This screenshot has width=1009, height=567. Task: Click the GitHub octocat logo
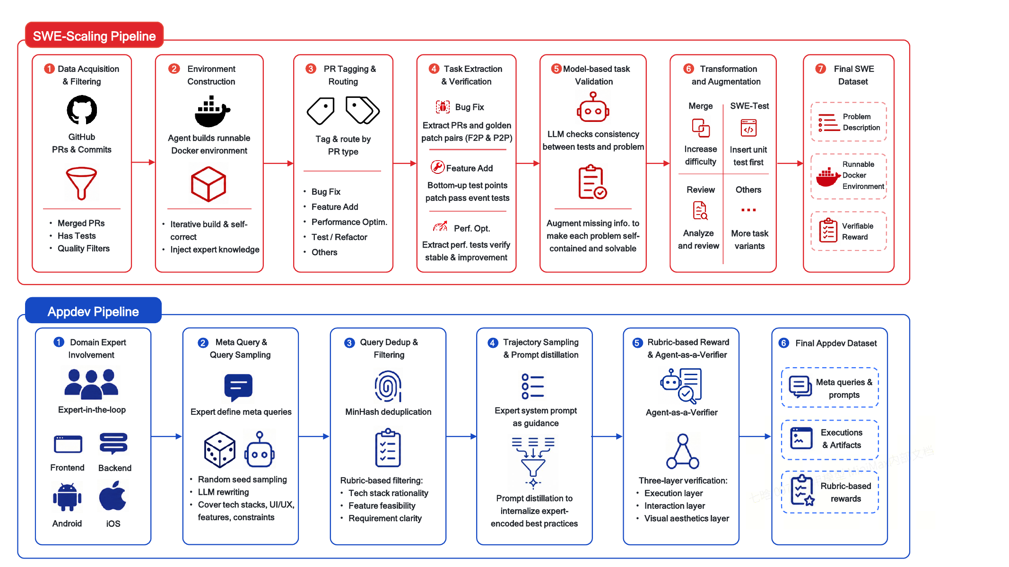click(x=82, y=110)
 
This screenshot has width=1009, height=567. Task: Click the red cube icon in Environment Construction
click(x=209, y=184)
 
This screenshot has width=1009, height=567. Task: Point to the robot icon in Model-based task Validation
click(x=593, y=107)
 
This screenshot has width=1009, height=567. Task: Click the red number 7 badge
click(x=821, y=69)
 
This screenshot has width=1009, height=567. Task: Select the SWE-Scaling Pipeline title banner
click(x=95, y=35)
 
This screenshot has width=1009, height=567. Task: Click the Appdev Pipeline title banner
click(x=93, y=311)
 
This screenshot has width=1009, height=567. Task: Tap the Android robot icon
click(x=67, y=497)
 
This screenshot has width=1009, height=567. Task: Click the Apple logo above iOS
click(x=113, y=496)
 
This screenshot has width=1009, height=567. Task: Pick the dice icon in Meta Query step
click(x=219, y=449)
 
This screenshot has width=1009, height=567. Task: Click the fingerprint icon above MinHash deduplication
click(x=388, y=386)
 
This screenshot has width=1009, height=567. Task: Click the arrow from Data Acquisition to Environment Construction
click(x=143, y=163)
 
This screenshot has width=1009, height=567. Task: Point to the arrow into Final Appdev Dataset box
click(x=755, y=437)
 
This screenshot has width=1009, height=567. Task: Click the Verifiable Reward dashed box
click(x=849, y=231)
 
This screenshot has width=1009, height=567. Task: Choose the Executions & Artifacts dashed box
click(x=830, y=439)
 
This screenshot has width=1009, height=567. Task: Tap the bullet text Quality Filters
click(x=84, y=249)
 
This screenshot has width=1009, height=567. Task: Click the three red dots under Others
click(x=748, y=210)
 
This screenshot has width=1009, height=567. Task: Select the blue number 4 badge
click(x=493, y=343)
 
